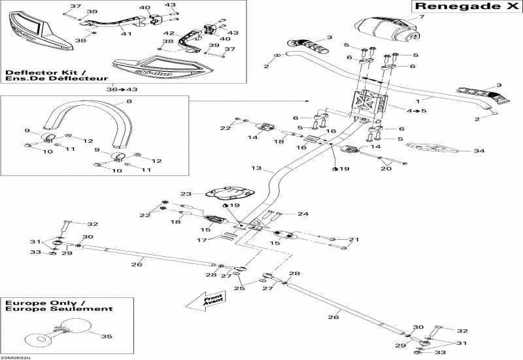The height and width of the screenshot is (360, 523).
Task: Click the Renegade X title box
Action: pyautogui.click(x=467, y=7)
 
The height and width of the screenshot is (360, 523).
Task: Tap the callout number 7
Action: pyautogui.click(x=422, y=16)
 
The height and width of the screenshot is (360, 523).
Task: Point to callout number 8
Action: pyautogui.click(x=129, y=101)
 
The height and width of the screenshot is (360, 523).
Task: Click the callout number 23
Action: pyautogui.click(x=185, y=193)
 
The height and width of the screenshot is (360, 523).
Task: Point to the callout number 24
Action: pyautogui.click(x=303, y=214)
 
